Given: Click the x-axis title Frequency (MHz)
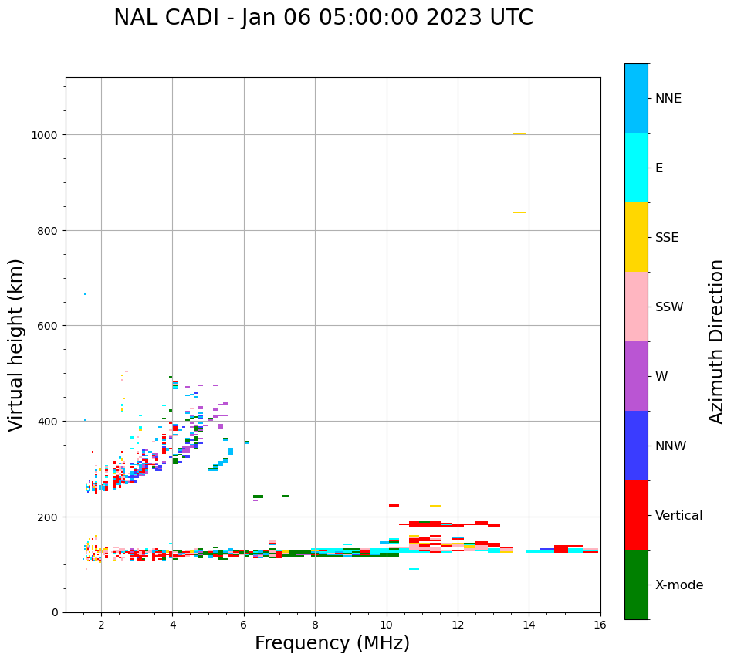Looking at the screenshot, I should pyautogui.click(x=332, y=643).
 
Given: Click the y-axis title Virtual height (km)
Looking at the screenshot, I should pyautogui.click(x=16, y=344).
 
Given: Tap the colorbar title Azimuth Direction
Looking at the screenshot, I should pyautogui.click(x=717, y=341).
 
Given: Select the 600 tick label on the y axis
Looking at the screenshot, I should pyautogui.click(x=50, y=326).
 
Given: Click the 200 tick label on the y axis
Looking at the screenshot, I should pyautogui.click(x=50, y=517).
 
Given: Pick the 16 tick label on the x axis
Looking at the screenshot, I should pyautogui.click(x=600, y=625).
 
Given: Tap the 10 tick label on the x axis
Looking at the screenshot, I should pyautogui.click(x=386, y=625).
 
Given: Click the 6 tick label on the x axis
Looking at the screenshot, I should pyautogui.click(x=244, y=625).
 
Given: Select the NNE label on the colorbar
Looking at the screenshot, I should pyautogui.click(x=668, y=98).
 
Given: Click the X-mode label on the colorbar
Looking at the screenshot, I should pyautogui.click(x=679, y=585).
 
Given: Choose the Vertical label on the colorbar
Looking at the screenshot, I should pyautogui.click(x=679, y=516).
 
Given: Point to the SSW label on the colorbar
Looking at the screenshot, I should pyautogui.click(x=669, y=307).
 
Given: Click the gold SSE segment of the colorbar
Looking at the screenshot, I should pyautogui.click(x=636, y=237).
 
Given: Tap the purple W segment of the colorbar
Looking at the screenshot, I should pyautogui.click(x=636, y=376).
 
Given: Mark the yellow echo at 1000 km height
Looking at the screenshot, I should pyautogui.click(x=519, y=134).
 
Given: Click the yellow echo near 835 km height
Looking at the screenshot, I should pyautogui.click(x=519, y=212).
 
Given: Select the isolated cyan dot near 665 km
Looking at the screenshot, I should pyautogui.click(x=85, y=294).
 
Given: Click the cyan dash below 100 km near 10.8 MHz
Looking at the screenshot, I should pyautogui.click(x=414, y=569).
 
